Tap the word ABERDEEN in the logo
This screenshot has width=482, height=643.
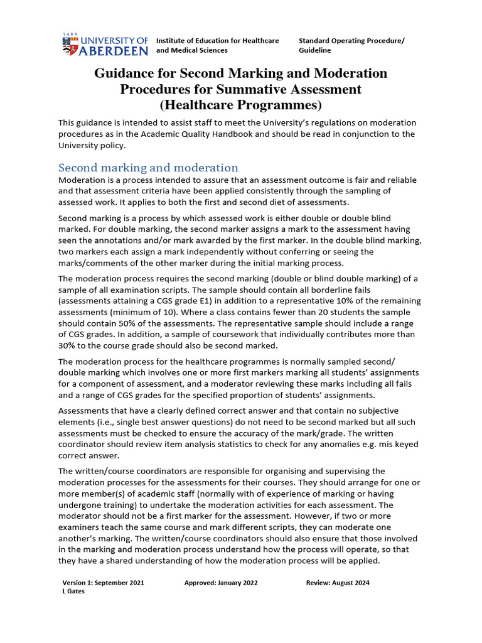pos(113,50)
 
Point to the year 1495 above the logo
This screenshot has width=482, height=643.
pos(71,35)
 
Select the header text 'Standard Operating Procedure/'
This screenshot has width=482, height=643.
pos(351,41)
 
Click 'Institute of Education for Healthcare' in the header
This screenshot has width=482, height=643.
pos(217,41)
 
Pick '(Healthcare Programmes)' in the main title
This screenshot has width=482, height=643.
pos(240,105)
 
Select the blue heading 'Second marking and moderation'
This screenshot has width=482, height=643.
pos(148,168)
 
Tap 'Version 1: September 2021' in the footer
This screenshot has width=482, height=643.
pos(103,583)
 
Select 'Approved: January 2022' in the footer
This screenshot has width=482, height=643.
pos(221,583)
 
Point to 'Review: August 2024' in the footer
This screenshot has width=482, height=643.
pos(338,583)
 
